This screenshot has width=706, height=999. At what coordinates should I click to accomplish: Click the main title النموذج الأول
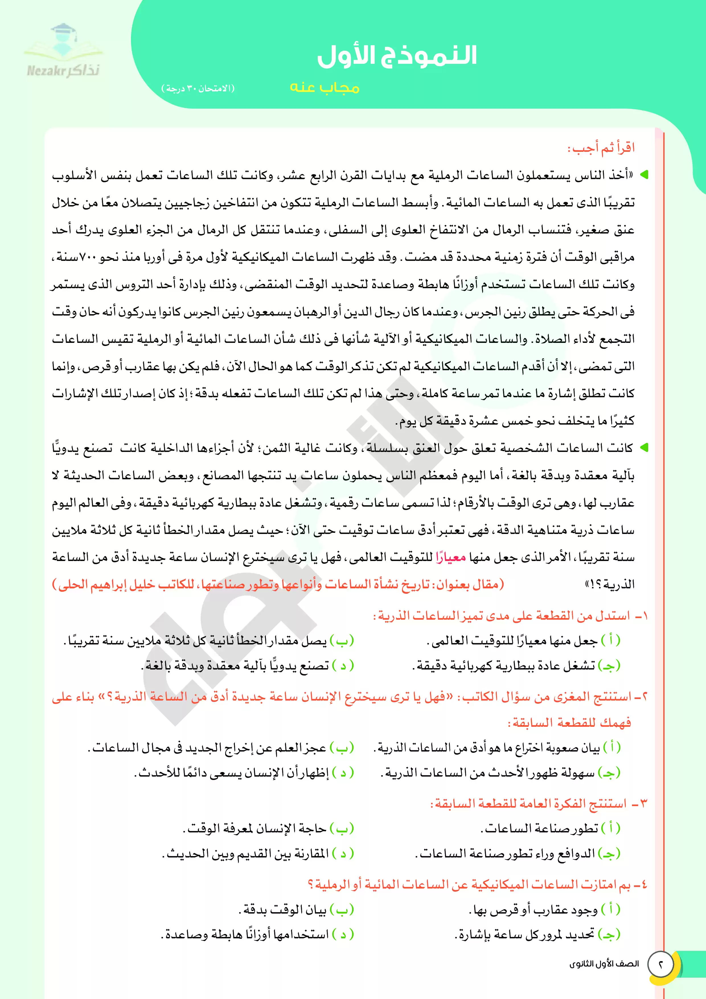tap(397, 56)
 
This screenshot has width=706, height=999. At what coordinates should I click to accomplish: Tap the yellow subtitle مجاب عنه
tap(325, 87)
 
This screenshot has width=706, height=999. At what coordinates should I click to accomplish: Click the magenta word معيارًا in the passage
tap(451, 557)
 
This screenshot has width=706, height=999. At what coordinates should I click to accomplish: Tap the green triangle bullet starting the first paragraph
tap(643, 175)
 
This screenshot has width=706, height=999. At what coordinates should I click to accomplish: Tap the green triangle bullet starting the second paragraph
tap(643, 447)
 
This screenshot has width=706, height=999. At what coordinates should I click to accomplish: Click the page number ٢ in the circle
tap(661, 964)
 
